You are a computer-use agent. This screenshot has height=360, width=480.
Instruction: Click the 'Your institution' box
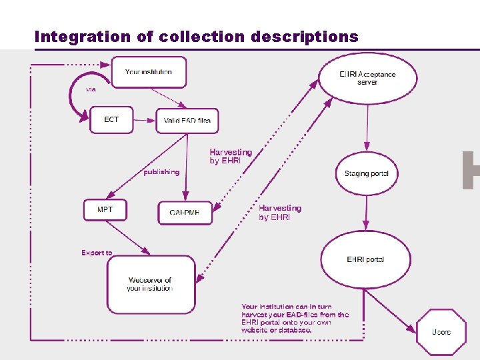pyautogui.click(x=148, y=72)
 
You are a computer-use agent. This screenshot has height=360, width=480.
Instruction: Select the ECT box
pyautogui.click(x=111, y=120)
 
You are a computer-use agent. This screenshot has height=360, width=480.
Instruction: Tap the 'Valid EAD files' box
pyautogui.click(x=187, y=121)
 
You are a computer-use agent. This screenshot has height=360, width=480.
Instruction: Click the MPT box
pyautogui.click(x=105, y=210)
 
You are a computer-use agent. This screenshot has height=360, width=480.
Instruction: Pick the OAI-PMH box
pyautogui.click(x=185, y=213)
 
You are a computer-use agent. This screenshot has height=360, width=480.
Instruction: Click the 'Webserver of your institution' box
pyautogui.click(x=151, y=285)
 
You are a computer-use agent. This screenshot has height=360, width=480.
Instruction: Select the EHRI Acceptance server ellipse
pyautogui.click(x=367, y=78)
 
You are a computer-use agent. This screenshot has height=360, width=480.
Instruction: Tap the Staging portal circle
pyautogui.click(x=366, y=173)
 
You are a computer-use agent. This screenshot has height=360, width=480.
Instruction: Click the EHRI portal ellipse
pyautogui.click(x=365, y=259)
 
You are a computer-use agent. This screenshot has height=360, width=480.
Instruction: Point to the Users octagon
pyautogui.click(x=441, y=332)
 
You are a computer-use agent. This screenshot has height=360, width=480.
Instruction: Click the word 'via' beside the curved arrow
pyautogui.click(x=91, y=89)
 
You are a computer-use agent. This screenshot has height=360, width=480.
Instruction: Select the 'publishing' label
pyautogui.click(x=161, y=172)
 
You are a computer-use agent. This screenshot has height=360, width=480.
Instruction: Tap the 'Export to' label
pyautogui.click(x=97, y=253)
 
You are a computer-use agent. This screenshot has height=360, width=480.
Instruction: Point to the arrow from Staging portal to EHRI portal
pyautogui.click(x=365, y=215)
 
